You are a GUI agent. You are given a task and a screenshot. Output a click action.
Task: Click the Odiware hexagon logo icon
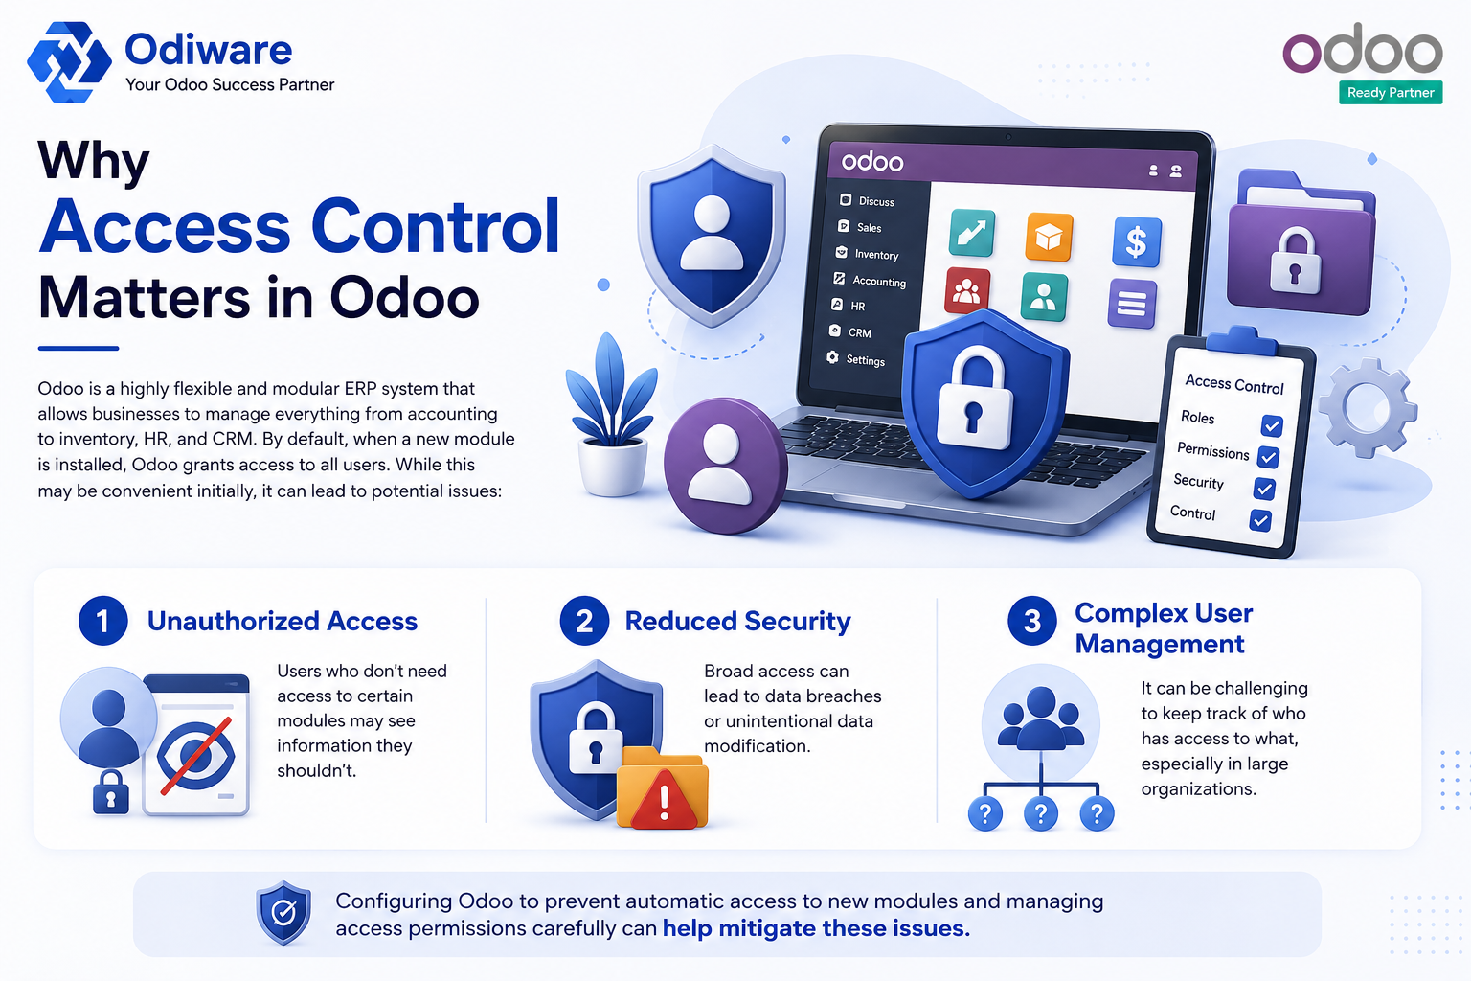(x=69, y=61)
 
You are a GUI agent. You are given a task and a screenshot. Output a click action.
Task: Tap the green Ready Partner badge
(x=1391, y=93)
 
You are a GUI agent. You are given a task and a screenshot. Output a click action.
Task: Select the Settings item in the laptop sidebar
(x=856, y=358)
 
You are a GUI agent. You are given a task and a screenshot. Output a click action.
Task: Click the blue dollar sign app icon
(x=1137, y=241)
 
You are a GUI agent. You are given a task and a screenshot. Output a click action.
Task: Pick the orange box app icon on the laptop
(x=1049, y=237)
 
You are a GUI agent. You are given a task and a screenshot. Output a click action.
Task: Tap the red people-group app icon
(x=966, y=289)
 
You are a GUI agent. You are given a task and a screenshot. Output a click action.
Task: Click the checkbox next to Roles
(x=1272, y=425)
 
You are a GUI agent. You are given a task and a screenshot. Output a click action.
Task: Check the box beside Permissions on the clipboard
(x=1268, y=457)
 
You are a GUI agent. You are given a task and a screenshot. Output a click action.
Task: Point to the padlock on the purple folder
(x=1295, y=261)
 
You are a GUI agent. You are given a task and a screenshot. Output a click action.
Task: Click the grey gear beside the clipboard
(x=1367, y=407)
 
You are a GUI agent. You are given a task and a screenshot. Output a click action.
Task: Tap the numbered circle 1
(x=103, y=621)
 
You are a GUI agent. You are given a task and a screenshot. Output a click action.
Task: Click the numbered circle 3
(x=1032, y=621)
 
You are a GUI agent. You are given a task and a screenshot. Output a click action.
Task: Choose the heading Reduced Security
(x=737, y=621)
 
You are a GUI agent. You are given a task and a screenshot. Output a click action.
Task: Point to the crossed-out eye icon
(x=195, y=755)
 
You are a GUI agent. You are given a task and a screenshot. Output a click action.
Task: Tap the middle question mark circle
(x=1041, y=813)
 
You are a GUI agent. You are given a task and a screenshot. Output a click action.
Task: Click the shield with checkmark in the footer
(x=283, y=913)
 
